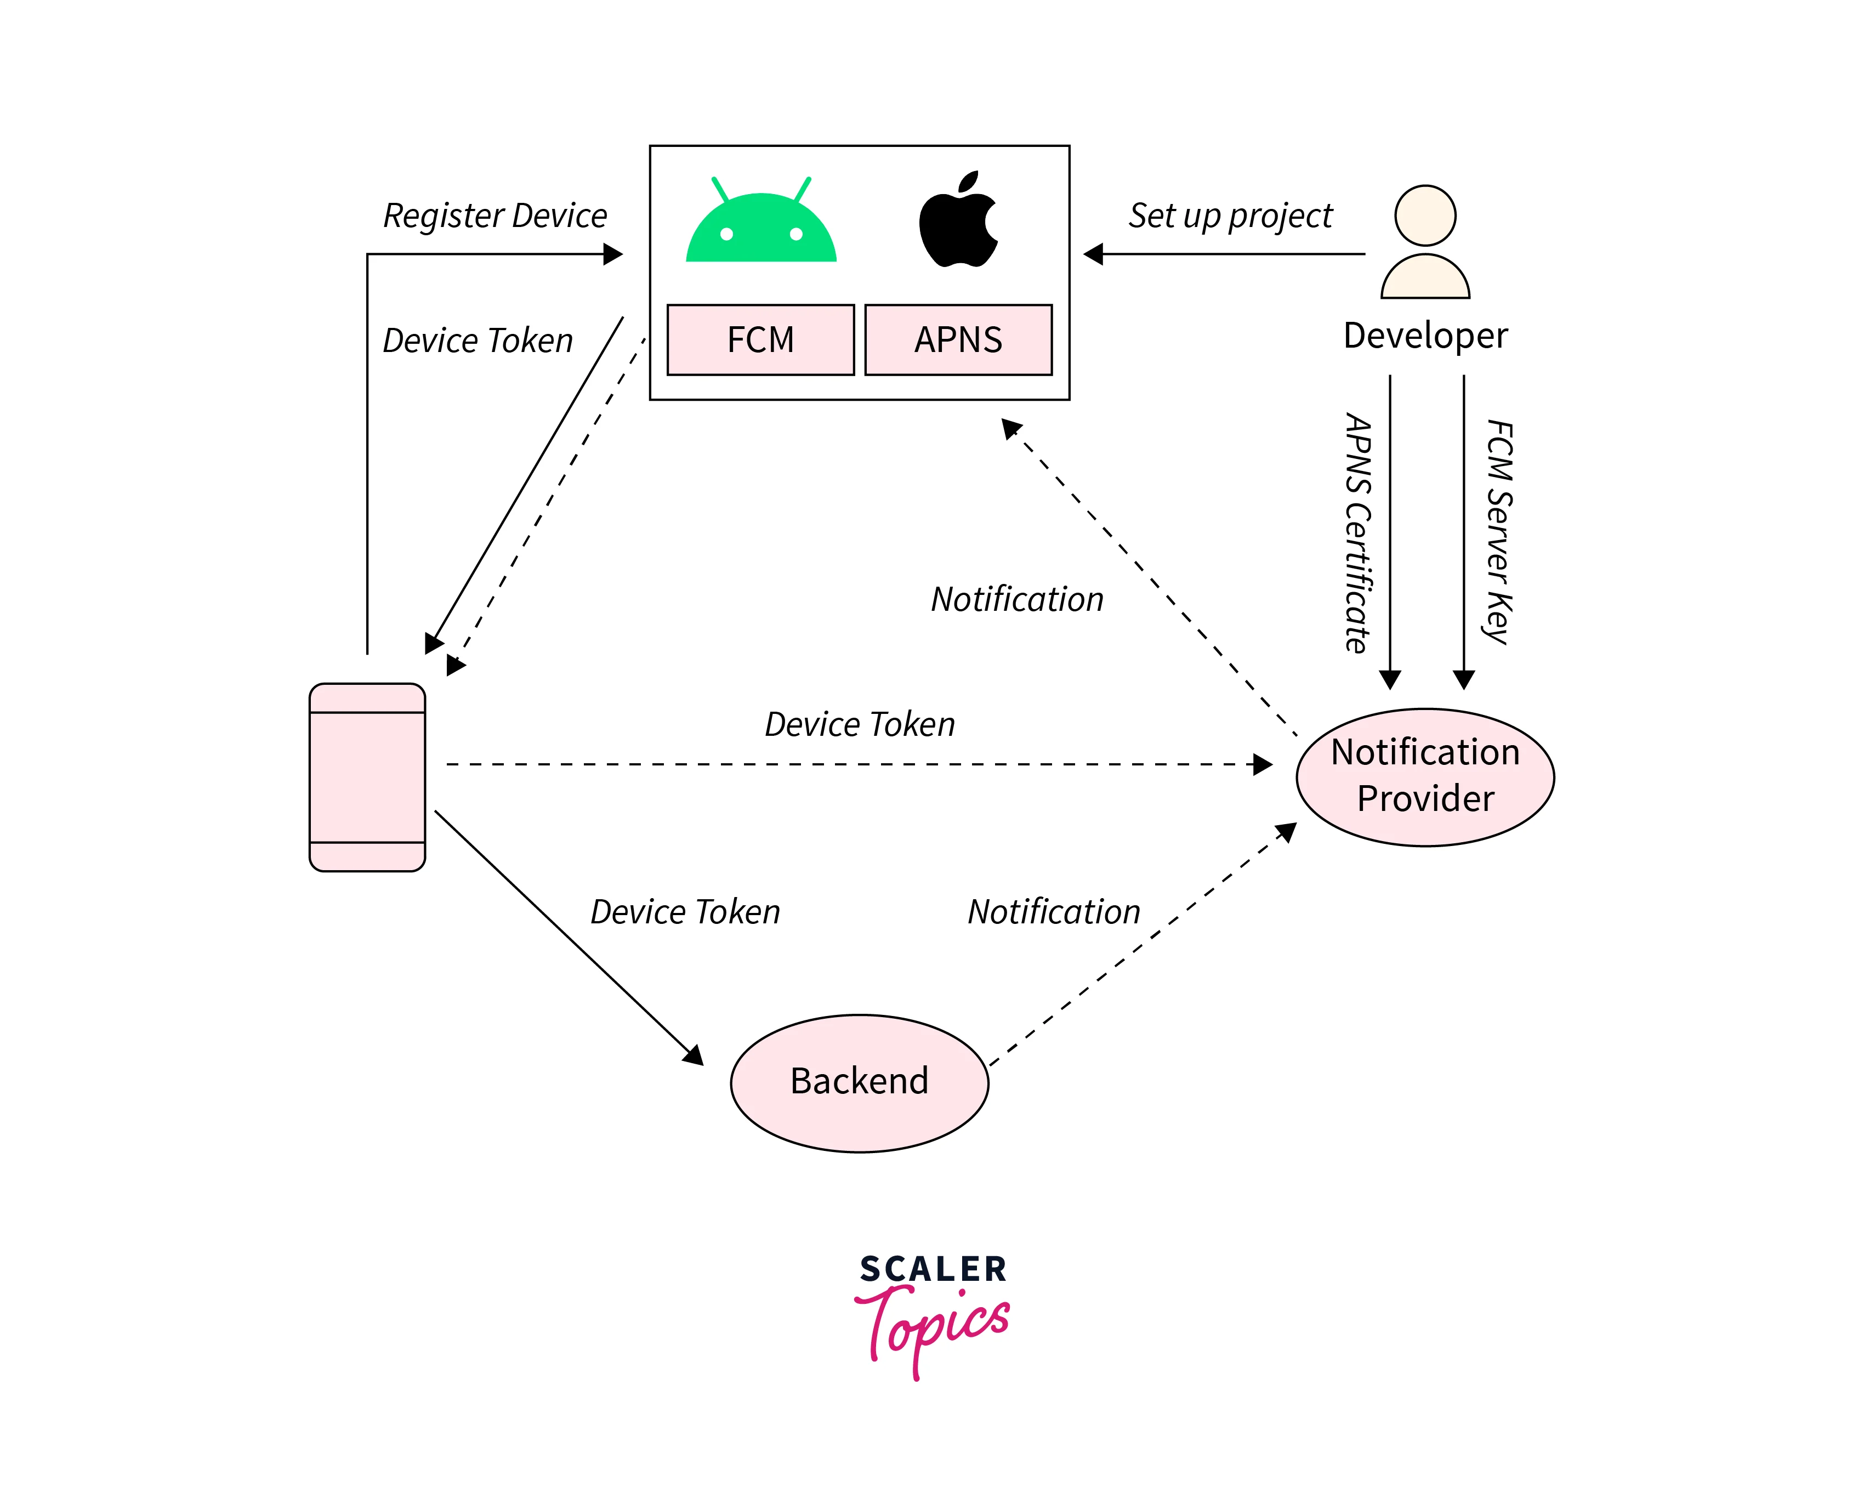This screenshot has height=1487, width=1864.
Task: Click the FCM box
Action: tap(760, 340)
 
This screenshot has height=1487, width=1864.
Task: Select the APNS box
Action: tap(958, 340)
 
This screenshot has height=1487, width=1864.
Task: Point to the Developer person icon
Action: tap(1425, 242)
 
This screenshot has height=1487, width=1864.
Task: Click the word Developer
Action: tap(1425, 336)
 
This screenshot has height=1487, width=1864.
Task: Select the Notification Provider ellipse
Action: tap(1425, 776)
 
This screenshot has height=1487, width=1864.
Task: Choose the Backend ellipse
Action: tap(860, 1082)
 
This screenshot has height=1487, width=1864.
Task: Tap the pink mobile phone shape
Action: tap(367, 776)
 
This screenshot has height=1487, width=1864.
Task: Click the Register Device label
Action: tap(495, 215)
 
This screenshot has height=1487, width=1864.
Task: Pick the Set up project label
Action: tap(1230, 215)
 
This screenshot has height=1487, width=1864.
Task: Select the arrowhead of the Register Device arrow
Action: tap(613, 254)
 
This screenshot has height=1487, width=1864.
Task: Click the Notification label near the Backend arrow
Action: tap(1054, 912)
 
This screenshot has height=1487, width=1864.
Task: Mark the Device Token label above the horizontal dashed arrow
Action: tap(860, 724)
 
